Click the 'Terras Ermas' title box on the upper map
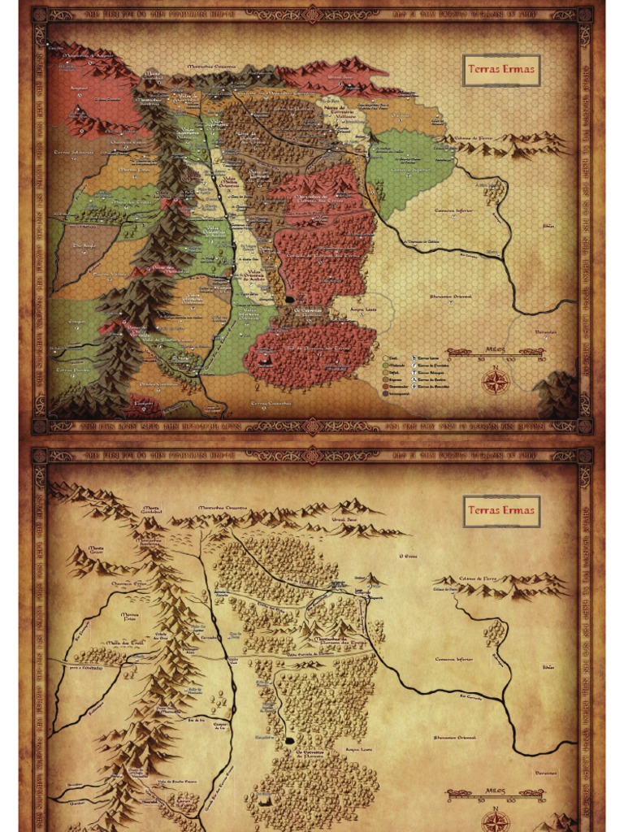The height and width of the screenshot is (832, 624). (x=501, y=70)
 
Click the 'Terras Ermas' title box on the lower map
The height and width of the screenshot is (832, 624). (x=501, y=510)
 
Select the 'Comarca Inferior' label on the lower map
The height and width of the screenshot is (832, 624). (x=454, y=659)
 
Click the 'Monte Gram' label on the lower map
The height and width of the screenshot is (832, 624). (x=96, y=550)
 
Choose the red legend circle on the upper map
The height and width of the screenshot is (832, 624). (x=385, y=385)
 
